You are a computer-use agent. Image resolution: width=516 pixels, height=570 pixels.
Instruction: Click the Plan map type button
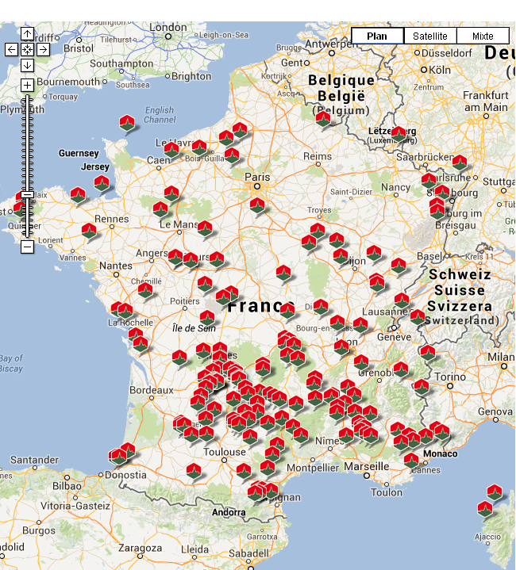377,36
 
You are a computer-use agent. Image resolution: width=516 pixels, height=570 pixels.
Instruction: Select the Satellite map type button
430,36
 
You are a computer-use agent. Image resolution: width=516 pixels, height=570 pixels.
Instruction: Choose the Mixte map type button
483,36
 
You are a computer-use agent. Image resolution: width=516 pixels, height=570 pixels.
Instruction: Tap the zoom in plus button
27,85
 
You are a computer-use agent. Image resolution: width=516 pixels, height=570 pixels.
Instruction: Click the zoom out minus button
27,247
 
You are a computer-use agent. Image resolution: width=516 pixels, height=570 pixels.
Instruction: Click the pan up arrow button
27,34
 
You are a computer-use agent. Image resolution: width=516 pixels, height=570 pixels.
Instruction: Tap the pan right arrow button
43,49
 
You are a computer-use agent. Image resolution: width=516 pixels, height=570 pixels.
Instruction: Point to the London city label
167,28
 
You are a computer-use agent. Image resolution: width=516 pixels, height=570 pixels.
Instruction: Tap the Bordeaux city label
151,390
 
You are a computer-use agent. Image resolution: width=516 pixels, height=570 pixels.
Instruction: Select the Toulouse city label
225,453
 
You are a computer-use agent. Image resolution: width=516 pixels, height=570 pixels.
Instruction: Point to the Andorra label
229,512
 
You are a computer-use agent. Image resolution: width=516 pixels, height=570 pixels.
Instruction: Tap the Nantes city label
117,266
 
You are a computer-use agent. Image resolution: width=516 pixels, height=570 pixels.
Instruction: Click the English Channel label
160,115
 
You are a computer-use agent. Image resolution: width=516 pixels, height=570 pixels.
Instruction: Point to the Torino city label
449,377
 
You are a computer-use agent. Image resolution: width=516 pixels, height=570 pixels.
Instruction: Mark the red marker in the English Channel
127,123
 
